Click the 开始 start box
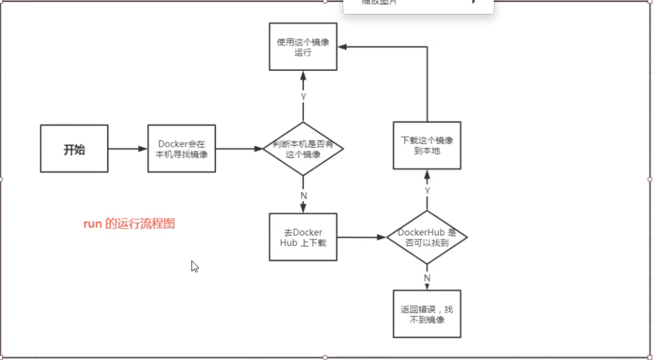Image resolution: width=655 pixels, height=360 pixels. click(74, 149)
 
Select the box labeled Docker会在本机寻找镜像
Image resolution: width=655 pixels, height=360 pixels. click(182, 149)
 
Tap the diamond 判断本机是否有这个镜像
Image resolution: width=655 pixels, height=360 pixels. click(303, 149)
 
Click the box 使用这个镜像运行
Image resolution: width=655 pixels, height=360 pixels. click(303, 46)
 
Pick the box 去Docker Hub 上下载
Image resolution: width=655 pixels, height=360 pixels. click(303, 236)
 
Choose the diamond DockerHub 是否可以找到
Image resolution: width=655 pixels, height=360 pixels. click(426, 236)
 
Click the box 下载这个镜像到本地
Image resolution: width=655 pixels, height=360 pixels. click(426, 145)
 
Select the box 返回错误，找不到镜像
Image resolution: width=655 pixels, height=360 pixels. click(426, 314)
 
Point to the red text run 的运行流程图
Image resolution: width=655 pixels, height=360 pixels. click(129, 224)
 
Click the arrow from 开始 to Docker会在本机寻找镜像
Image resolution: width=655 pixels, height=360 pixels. click(128, 149)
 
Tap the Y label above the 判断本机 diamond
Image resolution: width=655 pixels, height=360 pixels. click(303, 96)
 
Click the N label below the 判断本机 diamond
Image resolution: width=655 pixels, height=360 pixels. click(303, 196)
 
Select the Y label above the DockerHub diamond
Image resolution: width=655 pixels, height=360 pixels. click(427, 190)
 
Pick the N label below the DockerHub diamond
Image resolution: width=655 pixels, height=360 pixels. click(427, 277)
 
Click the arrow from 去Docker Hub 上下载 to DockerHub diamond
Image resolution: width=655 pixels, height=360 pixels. click(362, 236)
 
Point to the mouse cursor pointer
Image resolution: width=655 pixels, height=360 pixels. click(194, 266)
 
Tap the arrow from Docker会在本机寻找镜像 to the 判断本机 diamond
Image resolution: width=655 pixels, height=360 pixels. click(239, 149)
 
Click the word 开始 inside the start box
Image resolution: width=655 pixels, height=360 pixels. click(74, 149)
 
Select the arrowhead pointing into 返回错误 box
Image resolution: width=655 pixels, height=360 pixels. click(427, 286)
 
